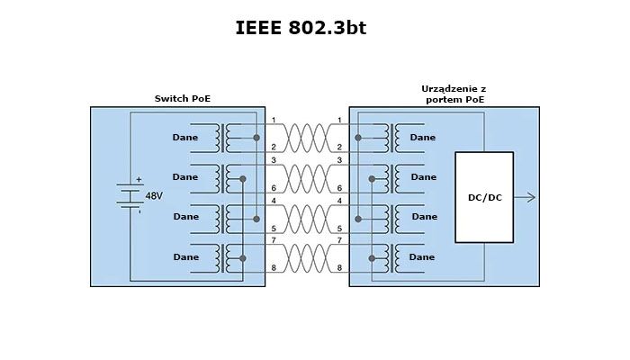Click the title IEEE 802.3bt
click(301, 28)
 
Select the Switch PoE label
click(184, 98)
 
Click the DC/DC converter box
click(484, 197)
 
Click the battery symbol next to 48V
click(131, 195)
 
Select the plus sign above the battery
click(139, 179)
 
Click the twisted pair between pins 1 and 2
click(306, 138)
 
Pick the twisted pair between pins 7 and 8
click(306, 256)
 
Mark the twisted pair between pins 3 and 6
click(306, 177)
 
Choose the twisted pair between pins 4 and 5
click(306, 217)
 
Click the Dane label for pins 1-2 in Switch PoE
click(185, 138)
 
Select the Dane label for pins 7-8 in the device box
click(422, 257)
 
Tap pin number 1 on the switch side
click(273, 121)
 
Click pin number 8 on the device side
click(339, 269)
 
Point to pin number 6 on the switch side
click(273, 188)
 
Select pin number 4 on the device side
click(339, 200)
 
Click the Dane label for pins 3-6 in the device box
click(422, 177)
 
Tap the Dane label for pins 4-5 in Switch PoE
click(185, 217)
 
